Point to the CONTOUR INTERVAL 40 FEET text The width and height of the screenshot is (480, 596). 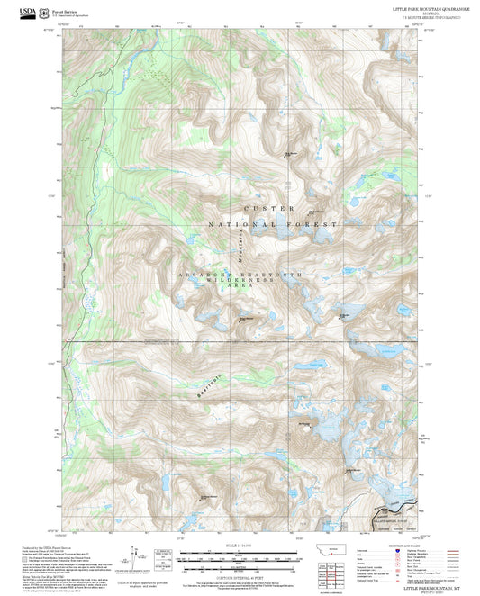(x=240, y=579)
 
